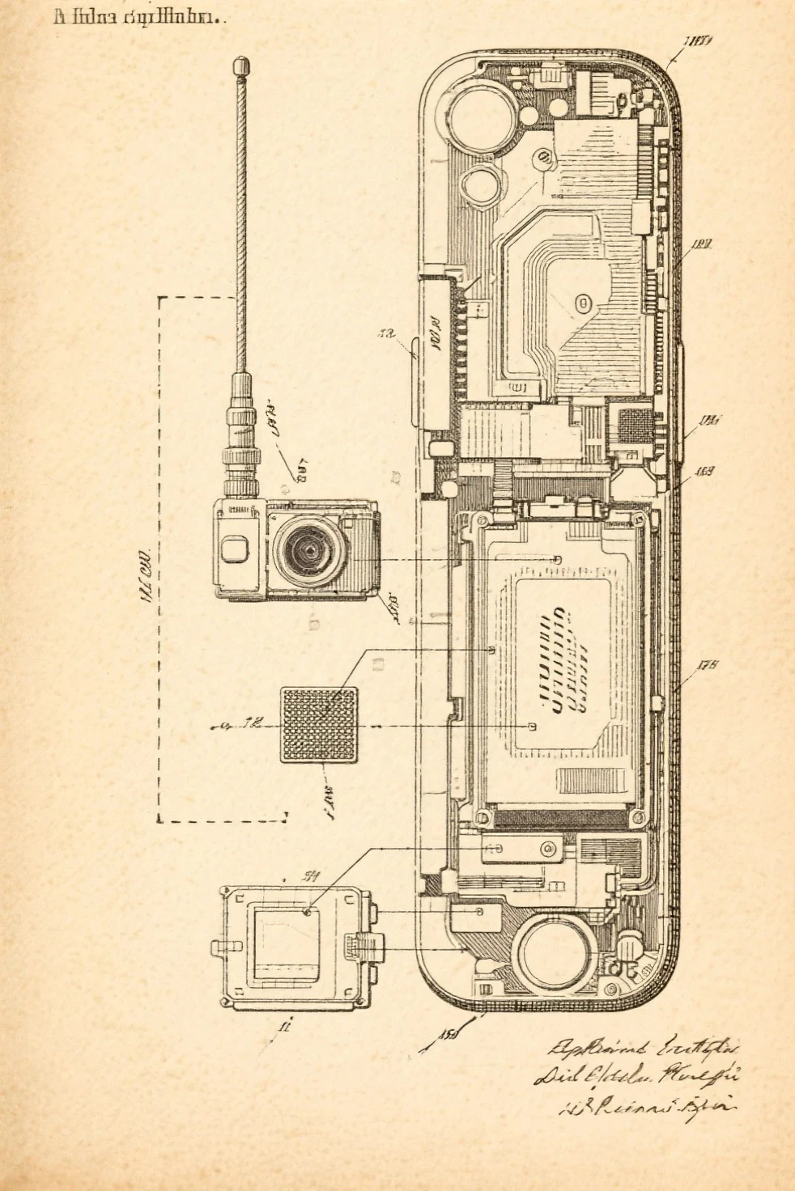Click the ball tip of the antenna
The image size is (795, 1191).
[x=240, y=63]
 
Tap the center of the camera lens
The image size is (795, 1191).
[x=311, y=549]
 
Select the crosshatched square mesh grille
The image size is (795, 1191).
[x=319, y=724]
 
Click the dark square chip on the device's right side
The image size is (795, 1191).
[x=636, y=425]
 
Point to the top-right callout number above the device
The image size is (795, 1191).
[x=697, y=42]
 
